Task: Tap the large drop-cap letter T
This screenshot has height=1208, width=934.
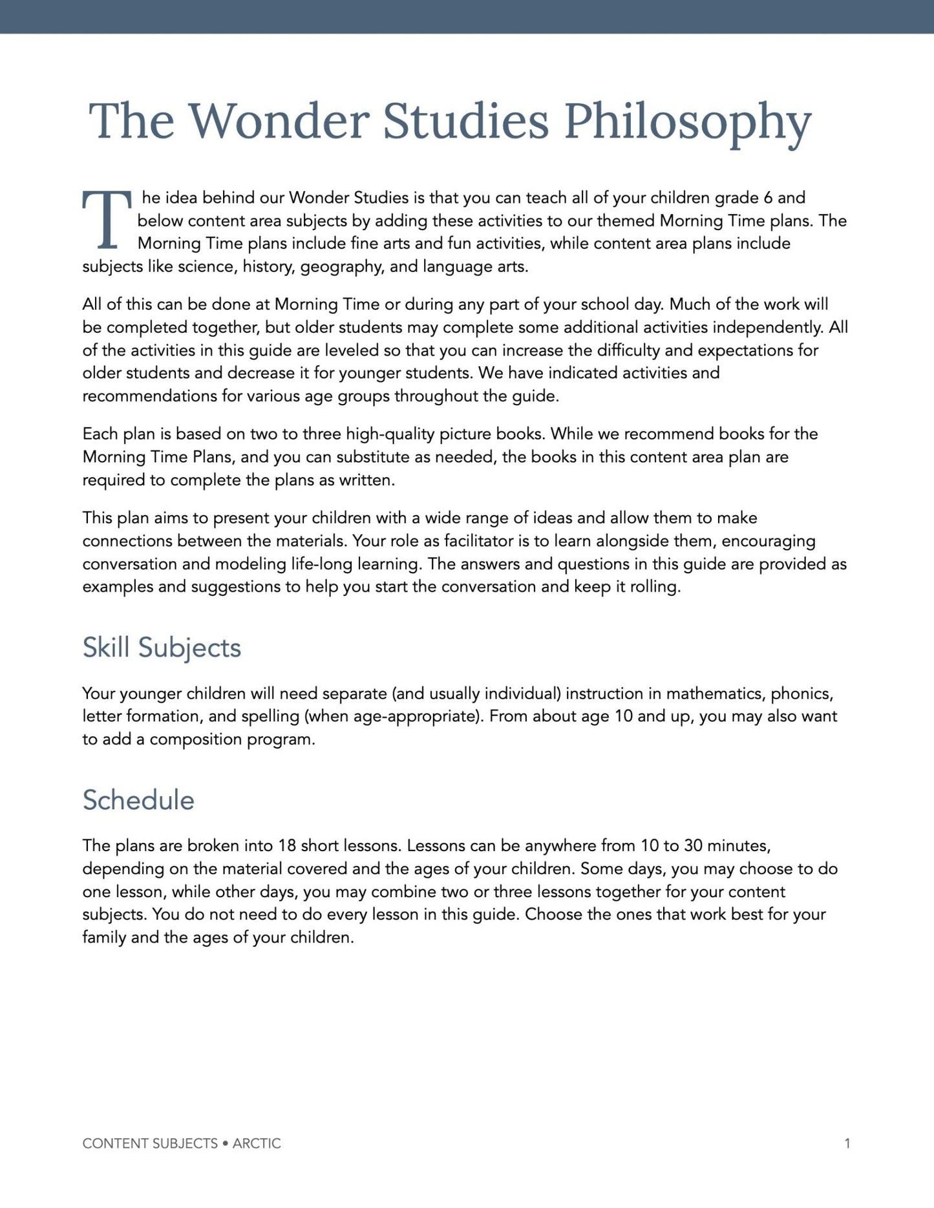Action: coord(107,220)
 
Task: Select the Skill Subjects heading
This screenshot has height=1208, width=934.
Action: coord(162,648)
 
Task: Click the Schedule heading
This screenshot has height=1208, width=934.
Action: coord(138,800)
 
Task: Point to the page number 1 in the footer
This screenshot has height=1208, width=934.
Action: coord(847,1143)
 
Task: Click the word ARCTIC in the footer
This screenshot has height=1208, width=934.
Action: coord(257,1143)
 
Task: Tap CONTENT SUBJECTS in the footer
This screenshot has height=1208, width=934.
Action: coord(150,1143)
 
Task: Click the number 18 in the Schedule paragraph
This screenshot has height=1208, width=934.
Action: coord(287,845)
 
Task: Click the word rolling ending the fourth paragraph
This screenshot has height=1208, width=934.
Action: coord(655,587)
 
